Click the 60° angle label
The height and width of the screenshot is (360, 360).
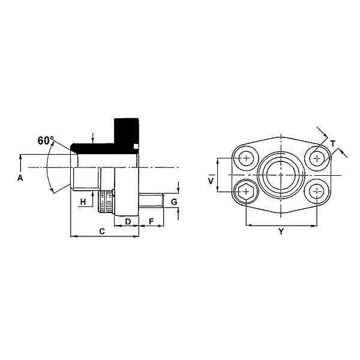(x=46, y=140)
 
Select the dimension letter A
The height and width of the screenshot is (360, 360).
(x=20, y=178)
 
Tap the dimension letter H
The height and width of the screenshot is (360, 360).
(x=83, y=202)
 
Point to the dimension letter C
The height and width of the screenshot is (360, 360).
(x=102, y=231)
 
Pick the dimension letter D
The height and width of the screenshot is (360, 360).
(x=128, y=221)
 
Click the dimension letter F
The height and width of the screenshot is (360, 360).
(x=151, y=221)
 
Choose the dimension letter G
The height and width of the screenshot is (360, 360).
(x=174, y=202)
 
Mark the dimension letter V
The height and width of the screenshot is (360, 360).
(x=211, y=181)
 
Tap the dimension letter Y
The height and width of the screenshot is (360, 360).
(x=281, y=232)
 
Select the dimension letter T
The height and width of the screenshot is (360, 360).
(x=333, y=144)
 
